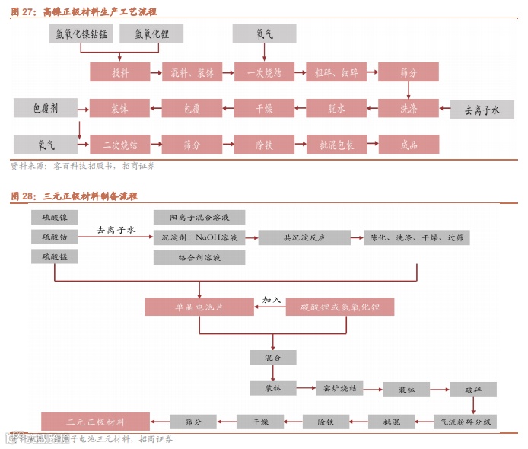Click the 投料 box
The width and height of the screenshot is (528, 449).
click(x=119, y=72)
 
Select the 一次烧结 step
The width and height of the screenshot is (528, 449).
click(x=264, y=72)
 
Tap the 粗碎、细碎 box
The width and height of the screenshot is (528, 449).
click(x=336, y=72)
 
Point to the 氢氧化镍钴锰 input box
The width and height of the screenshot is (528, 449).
click(x=81, y=33)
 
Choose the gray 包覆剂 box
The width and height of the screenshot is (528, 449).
click(x=46, y=108)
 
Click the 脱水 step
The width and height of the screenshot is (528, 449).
click(x=336, y=108)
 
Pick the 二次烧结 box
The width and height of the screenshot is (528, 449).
click(x=119, y=143)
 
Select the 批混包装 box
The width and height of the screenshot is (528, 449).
click(x=336, y=143)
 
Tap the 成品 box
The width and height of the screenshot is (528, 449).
click(x=409, y=143)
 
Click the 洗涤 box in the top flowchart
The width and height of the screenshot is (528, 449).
click(x=409, y=108)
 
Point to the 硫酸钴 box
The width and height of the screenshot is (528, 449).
click(x=55, y=237)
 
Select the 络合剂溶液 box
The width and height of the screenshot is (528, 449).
click(x=199, y=258)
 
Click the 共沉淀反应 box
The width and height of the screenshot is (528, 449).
click(x=304, y=237)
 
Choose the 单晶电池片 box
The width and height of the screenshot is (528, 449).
click(x=199, y=307)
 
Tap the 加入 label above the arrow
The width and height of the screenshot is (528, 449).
click(x=272, y=300)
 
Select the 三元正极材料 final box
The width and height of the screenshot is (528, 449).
click(x=96, y=421)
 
